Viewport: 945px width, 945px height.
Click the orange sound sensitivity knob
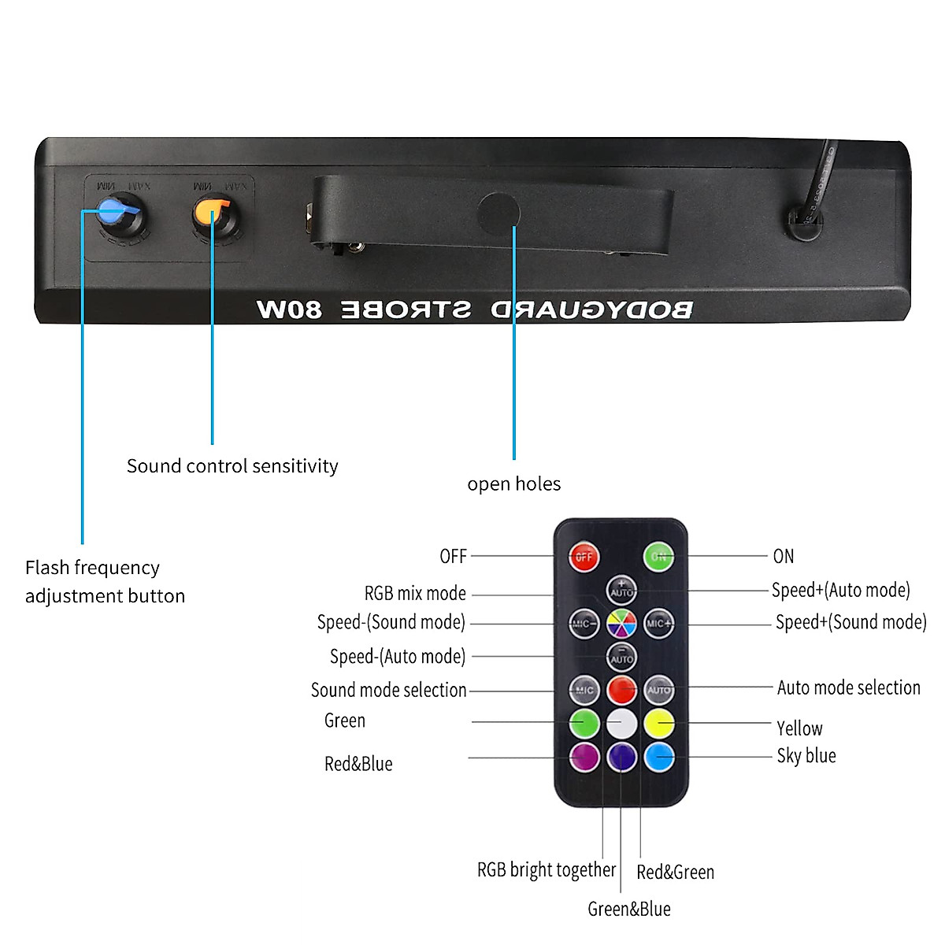click(x=213, y=213)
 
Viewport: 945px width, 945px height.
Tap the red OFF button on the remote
click(x=584, y=556)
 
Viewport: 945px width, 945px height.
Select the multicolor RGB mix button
click(x=621, y=624)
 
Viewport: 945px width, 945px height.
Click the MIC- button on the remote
click(x=584, y=624)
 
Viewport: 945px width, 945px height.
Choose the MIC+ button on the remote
click(x=658, y=624)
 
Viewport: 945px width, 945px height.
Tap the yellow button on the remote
click(x=659, y=722)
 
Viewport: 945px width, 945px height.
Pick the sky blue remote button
click(x=659, y=757)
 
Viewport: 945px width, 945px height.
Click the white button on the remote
click(x=621, y=722)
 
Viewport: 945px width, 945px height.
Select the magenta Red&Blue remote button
click(x=584, y=757)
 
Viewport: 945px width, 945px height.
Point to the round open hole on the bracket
click(x=498, y=212)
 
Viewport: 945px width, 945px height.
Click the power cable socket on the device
click(x=805, y=223)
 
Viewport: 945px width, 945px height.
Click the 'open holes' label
click(x=513, y=484)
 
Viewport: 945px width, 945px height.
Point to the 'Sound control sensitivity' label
click(x=232, y=465)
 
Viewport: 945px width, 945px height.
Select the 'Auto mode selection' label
click(x=848, y=687)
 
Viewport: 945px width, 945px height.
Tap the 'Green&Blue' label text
click(x=628, y=909)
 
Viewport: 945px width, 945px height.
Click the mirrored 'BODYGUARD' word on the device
click(x=592, y=309)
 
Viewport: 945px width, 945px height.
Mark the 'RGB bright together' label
click(x=546, y=869)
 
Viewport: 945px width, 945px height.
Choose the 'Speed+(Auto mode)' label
click(x=840, y=590)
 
